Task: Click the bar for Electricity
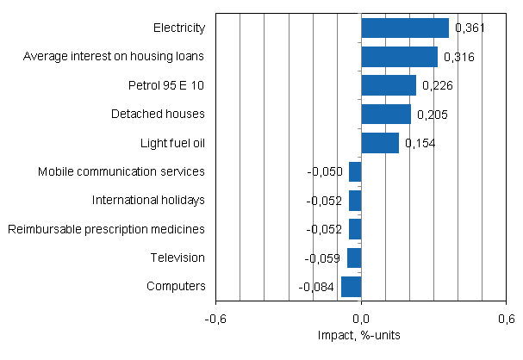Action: tap(404, 28)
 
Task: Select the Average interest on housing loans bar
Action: tap(399, 57)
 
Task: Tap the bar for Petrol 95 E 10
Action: tap(388, 85)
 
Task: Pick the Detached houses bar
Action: tap(385, 114)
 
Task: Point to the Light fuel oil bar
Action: tap(379, 143)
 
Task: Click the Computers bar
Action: tap(351, 286)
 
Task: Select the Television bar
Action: tap(354, 258)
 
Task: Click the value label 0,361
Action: tap(470, 28)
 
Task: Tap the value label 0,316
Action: tap(458, 57)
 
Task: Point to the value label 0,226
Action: tap(436, 85)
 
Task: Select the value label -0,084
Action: tap(317, 286)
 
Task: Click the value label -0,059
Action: tap(323, 258)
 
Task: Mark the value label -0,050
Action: tap(325, 171)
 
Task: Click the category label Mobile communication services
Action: tap(121, 171)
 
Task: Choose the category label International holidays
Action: tap(148, 200)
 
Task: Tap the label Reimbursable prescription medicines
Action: tap(106, 229)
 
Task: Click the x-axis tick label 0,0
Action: tap(361, 319)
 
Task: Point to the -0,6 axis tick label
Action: tap(215, 319)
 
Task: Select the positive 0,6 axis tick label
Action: tap(506, 319)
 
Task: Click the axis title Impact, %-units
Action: tap(361, 334)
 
